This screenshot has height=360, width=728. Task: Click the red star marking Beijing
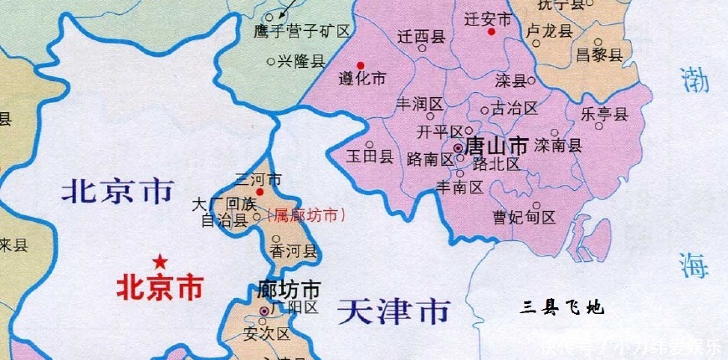159,260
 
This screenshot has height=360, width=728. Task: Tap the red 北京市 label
159,288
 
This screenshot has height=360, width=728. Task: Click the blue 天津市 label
393,312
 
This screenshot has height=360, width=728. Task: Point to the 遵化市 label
362,80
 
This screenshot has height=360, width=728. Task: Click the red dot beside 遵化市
361,65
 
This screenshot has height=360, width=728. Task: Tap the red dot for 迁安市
491,32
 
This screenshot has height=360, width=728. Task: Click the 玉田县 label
370,157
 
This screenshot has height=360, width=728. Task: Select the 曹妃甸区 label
524,217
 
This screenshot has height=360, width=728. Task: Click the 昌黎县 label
600,55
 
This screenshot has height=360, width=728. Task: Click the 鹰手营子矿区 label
301,32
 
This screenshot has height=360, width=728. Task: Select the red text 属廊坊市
307,215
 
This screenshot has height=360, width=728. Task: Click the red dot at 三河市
259,192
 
